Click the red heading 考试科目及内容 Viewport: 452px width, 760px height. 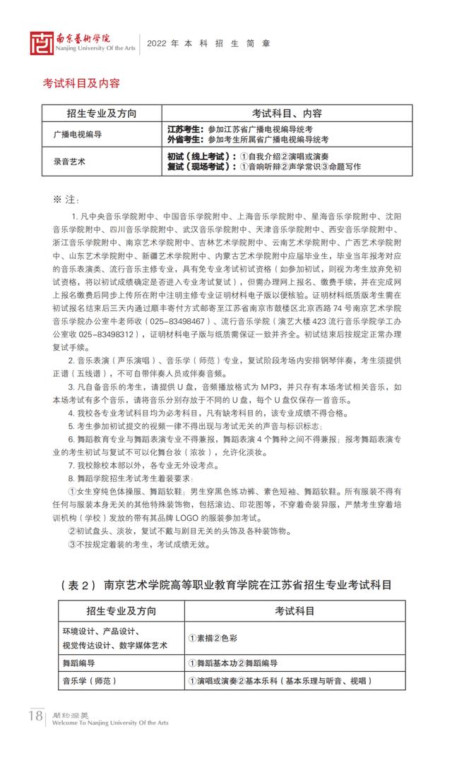point(81,83)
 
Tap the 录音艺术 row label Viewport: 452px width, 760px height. point(69,161)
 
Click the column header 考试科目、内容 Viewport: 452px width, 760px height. point(287,114)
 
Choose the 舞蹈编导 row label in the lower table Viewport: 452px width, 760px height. point(79,663)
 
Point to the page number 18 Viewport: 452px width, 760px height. point(35,718)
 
